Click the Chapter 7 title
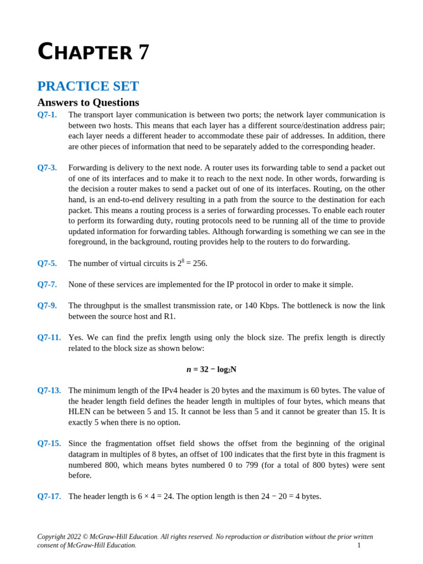pyautogui.click(x=93, y=53)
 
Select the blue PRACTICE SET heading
pyautogui.click(x=88, y=86)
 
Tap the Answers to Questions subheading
pyautogui.click(x=88, y=102)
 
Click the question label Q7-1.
pyautogui.click(x=47, y=115)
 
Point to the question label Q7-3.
pyautogui.click(x=47, y=167)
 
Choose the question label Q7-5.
pyautogui.click(x=47, y=263)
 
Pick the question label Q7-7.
pyautogui.click(x=47, y=284)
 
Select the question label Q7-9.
pyautogui.click(x=47, y=306)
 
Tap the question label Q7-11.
pyautogui.click(x=48, y=337)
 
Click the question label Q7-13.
pyautogui.click(x=48, y=391)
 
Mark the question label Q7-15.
pyautogui.click(x=48, y=443)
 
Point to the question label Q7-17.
pyautogui.click(x=48, y=496)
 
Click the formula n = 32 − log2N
pyautogui.click(x=211, y=370)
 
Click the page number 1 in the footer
pyautogui.click(x=359, y=545)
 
